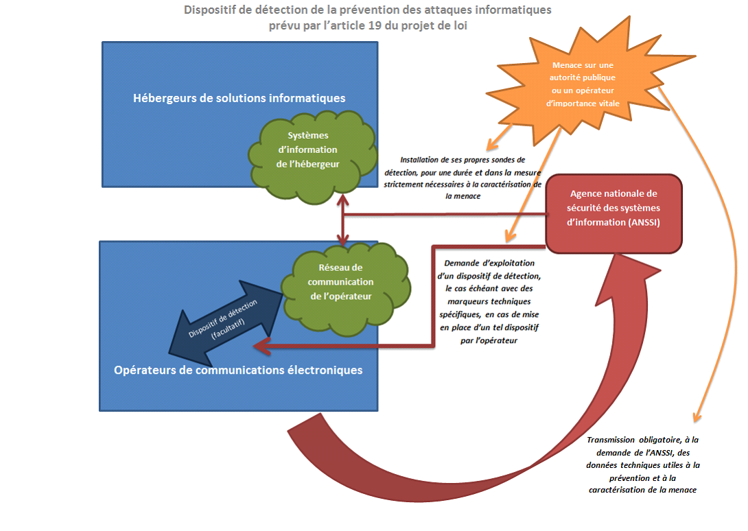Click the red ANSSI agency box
(x=613, y=213)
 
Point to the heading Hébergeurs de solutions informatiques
(x=239, y=98)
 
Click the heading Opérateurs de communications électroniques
(x=237, y=370)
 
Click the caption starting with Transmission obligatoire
(x=643, y=464)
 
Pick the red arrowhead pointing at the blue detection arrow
(x=259, y=347)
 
